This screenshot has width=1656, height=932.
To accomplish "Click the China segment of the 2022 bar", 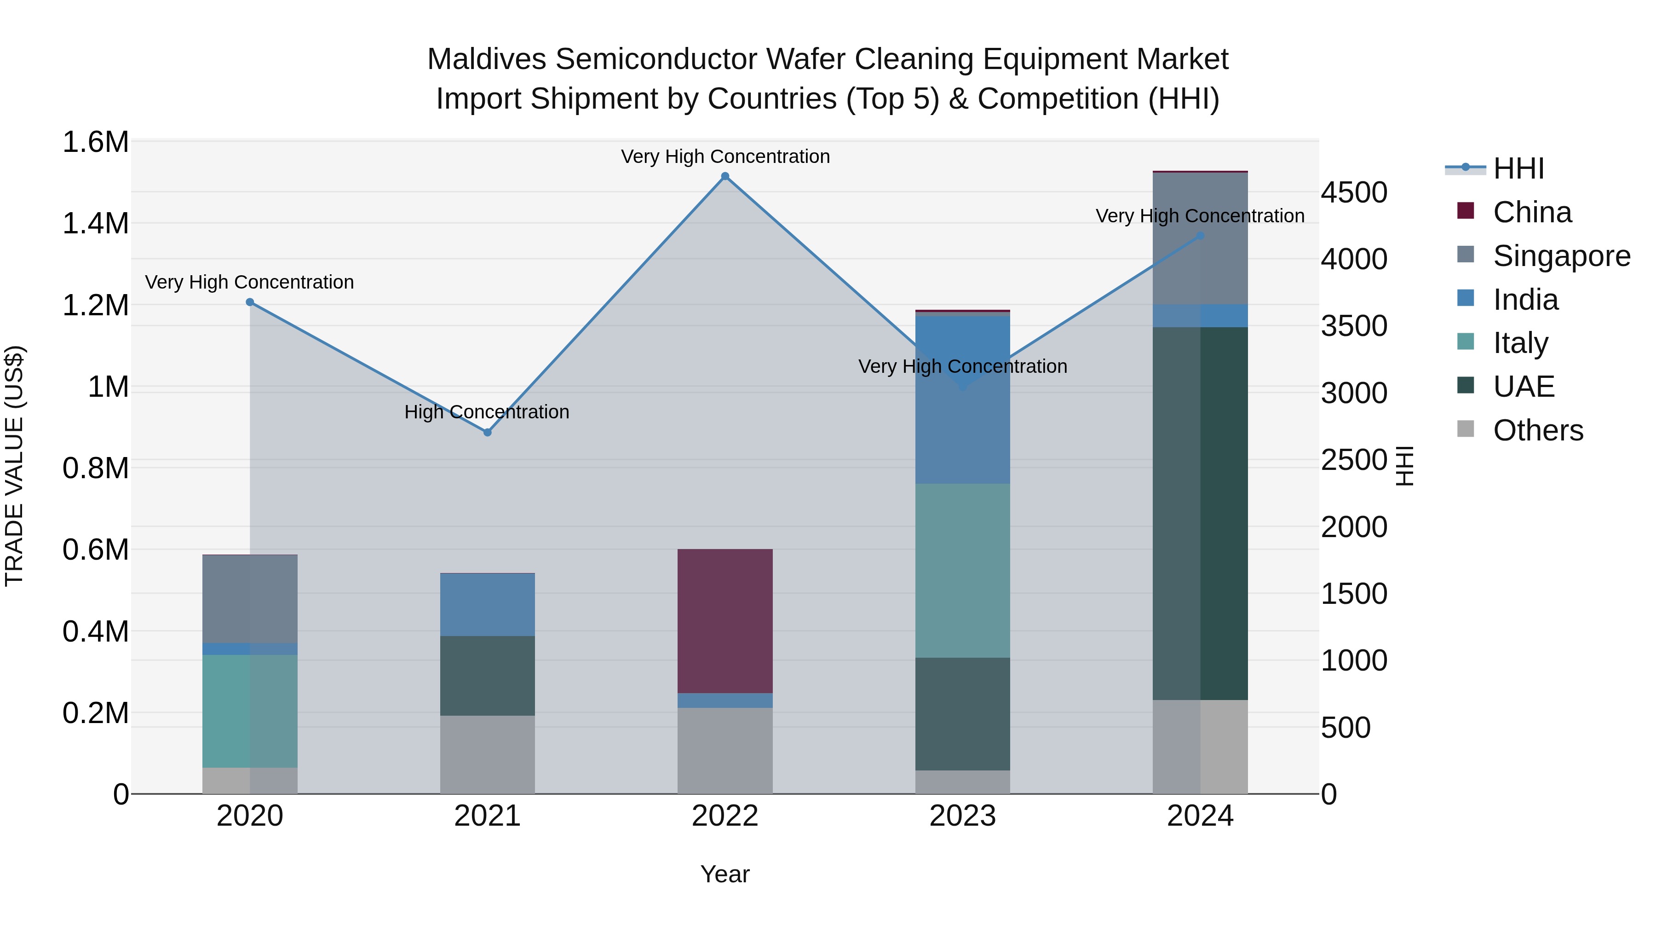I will [x=724, y=621].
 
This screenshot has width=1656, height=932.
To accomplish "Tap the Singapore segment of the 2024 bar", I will [x=1200, y=238].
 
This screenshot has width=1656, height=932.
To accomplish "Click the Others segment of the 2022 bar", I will [x=724, y=751].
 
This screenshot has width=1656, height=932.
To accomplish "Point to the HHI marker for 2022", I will [x=724, y=176].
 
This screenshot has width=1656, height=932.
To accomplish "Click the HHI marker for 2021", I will [x=487, y=432].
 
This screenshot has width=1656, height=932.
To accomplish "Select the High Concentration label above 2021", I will [x=487, y=411].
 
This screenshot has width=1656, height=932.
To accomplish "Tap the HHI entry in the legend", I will [x=1518, y=168].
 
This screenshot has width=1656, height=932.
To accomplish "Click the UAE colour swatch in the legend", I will [x=1465, y=385].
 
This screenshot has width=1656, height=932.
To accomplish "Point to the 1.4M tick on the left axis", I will [x=95, y=224].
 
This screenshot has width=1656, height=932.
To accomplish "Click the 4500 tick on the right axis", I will [x=1354, y=193].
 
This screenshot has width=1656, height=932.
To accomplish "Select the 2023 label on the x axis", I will [x=962, y=816].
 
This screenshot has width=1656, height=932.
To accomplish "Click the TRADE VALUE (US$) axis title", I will [x=14, y=466].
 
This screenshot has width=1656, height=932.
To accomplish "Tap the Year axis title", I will [x=724, y=874].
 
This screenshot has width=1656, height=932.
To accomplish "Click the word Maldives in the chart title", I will [x=487, y=59].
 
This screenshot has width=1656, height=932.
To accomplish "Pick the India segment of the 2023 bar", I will [x=962, y=399].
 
